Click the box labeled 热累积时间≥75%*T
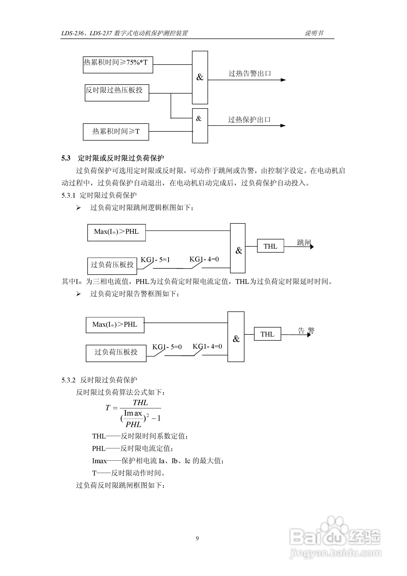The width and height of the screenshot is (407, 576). click(118, 65)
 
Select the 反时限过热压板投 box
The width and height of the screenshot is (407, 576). click(117, 93)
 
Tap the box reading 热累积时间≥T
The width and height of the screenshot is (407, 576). click(116, 132)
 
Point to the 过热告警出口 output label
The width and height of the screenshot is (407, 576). click(250, 74)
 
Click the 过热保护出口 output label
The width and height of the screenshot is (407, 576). click(249, 120)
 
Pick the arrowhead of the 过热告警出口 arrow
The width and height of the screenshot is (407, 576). click(283, 80)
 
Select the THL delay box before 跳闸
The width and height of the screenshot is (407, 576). click(270, 246)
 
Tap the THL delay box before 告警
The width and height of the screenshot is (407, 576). click(267, 334)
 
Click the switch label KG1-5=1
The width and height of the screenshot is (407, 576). click(155, 259)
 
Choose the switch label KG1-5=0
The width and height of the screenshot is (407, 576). click(167, 347)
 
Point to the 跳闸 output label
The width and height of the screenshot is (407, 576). click(304, 242)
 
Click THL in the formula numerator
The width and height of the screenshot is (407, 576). click(141, 403)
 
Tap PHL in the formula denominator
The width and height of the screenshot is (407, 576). click(133, 424)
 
